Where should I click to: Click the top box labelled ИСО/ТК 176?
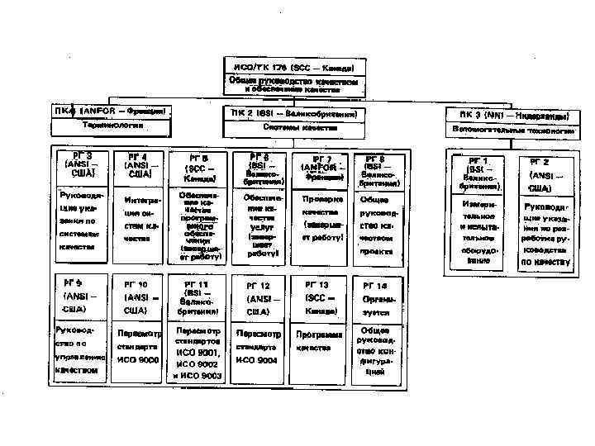pyautogui.click(x=293, y=66)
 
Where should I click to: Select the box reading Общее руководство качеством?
pyautogui.click(x=293, y=84)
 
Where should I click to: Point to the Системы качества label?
pyautogui.click(x=293, y=128)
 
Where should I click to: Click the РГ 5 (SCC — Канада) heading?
pyautogui.click(x=198, y=167)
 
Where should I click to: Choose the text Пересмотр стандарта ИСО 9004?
pyautogui.click(x=259, y=347)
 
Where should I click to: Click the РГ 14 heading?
pyautogui.click(x=375, y=291)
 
